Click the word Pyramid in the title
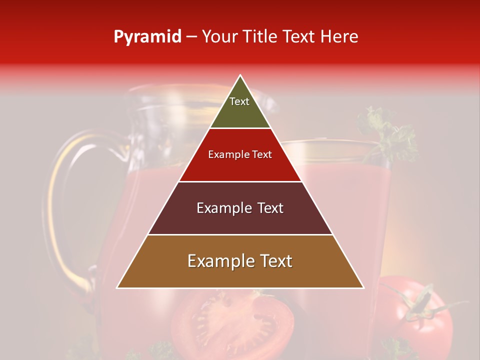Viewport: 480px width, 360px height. (147, 37)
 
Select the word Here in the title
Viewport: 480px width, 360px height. (339, 36)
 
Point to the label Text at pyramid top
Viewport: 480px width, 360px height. (239, 101)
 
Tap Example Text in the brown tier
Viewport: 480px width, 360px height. (240, 261)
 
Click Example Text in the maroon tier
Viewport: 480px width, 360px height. (240, 208)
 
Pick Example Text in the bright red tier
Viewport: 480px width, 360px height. (240, 154)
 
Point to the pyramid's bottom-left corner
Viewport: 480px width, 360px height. (117, 287)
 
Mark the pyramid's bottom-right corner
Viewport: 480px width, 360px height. (363, 287)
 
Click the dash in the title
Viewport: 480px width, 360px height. (191, 37)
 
